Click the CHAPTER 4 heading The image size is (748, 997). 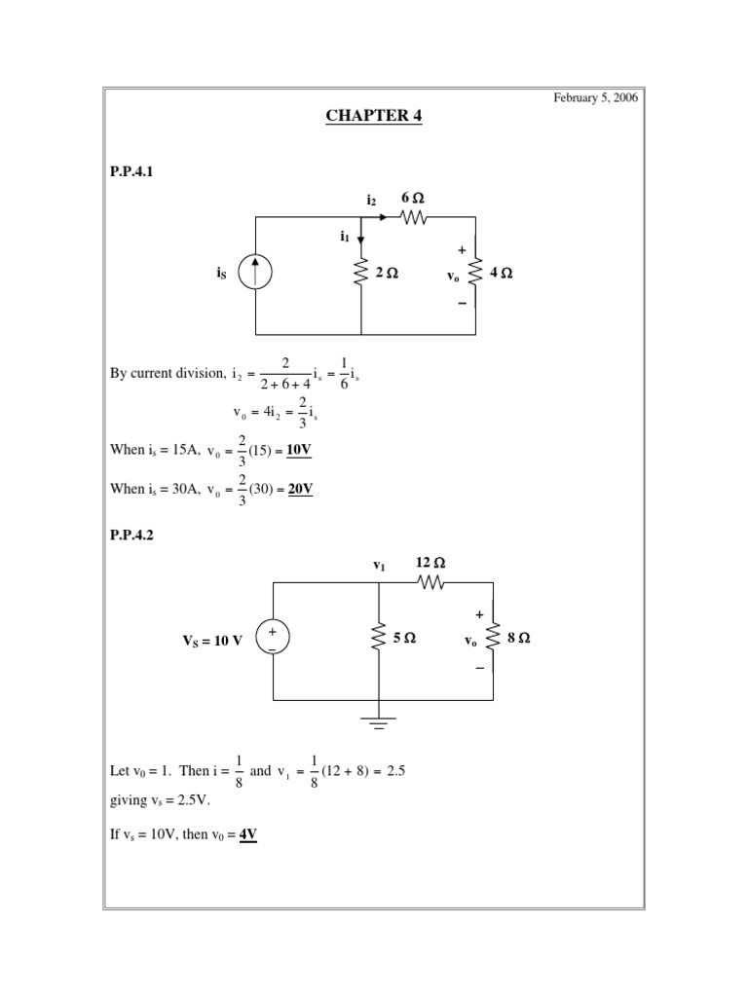(374, 116)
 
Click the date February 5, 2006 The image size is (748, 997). (596, 98)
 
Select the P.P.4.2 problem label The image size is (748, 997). (131, 533)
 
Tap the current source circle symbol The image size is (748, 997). (255, 274)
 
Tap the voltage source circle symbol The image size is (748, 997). (273, 640)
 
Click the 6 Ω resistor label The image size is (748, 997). (413, 199)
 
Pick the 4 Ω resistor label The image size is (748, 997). (501, 274)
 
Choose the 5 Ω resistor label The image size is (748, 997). (404, 639)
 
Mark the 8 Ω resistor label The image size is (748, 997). (518, 639)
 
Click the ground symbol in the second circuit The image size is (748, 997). (378, 721)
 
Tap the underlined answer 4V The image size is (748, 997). (247, 834)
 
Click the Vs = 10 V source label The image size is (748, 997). (211, 641)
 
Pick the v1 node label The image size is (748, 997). (379, 565)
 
